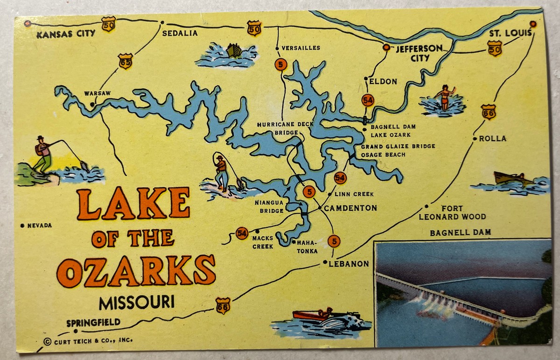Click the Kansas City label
pos(66,34)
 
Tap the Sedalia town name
pos(180,33)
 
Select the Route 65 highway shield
pos(125,61)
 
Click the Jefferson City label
pos(419,53)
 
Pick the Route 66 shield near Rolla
pos(488,112)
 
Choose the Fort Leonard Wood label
pos(452,213)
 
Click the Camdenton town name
pos(350,208)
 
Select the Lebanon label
pos(349,264)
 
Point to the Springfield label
pos(93,322)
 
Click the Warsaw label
pos(98,93)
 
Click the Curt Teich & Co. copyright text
pos(88,341)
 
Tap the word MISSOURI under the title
pos(136,302)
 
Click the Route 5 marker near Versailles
pos(280,64)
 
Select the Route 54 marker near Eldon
pos(367,100)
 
